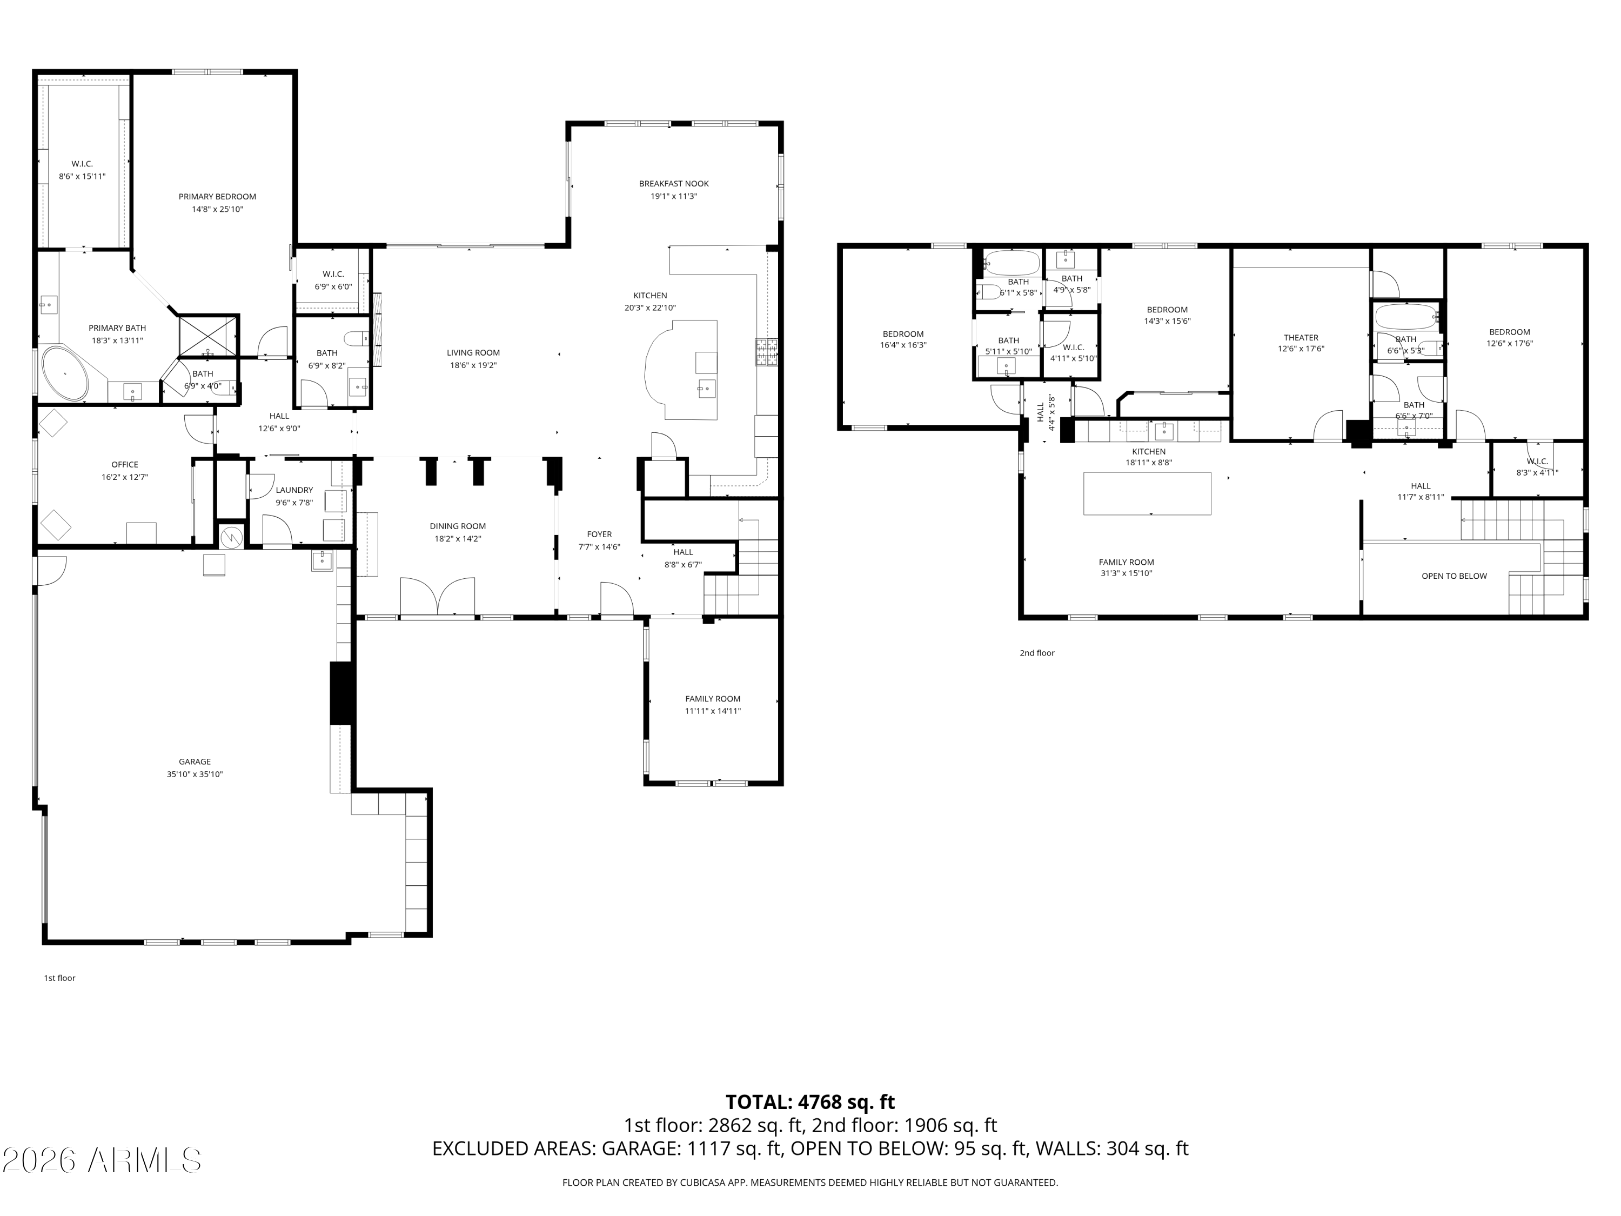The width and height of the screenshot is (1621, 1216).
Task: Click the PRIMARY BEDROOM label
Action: click(217, 196)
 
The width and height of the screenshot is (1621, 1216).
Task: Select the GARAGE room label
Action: click(194, 761)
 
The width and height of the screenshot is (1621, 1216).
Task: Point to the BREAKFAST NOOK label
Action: click(673, 184)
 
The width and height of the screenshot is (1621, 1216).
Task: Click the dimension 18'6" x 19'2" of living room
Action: click(473, 365)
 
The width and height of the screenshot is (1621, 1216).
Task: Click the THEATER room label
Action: click(1301, 338)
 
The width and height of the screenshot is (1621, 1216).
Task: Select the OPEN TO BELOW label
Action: click(1454, 576)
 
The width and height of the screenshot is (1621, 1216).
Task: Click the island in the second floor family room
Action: click(1147, 494)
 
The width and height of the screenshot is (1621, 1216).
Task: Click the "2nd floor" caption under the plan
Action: click(1037, 653)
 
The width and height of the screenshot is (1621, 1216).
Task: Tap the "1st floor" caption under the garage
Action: click(59, 978)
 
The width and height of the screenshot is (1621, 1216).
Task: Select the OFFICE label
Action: click(125, 465)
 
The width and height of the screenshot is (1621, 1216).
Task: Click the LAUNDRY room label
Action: click(294, 490)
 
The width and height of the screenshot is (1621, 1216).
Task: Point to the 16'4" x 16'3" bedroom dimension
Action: click(903, 345)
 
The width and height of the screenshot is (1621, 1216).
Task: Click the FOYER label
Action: click(599, 534)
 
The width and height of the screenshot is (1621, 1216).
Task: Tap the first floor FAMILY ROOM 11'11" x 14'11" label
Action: click(712, 704)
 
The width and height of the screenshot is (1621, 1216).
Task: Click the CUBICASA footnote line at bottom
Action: click(810, 1182)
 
